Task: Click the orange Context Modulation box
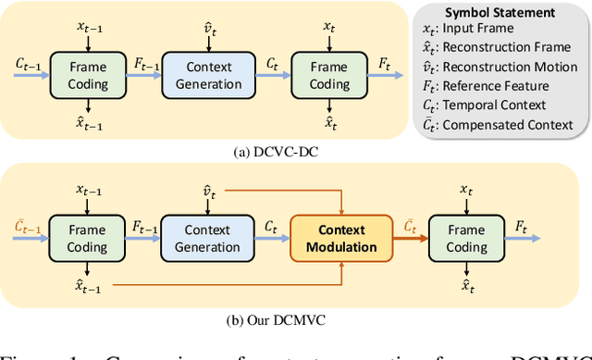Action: pos(341,238)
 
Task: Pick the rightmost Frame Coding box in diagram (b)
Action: pos(466,238)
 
